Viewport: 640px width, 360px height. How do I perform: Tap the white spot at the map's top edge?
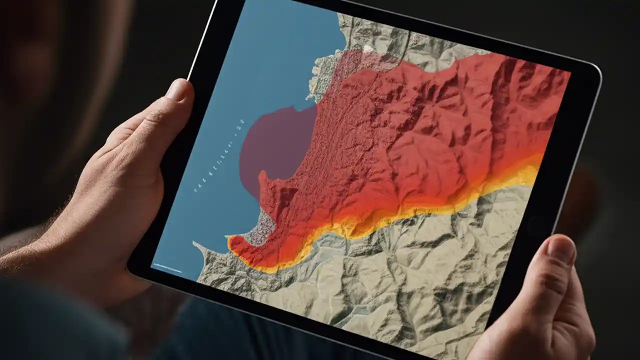coord(369,48)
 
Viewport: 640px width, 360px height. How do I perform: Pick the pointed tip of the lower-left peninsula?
coord(195,243)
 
